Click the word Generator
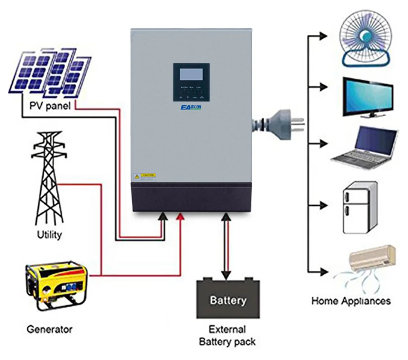pyautogui.click(x=49, y=329)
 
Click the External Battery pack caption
pyautogui.click(x=228, y=336)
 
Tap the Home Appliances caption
pyautogui.click(x=351, y=301)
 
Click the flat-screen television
pyautogui.click(x=368, y=97)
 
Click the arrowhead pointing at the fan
pyautogui.click(x=324, y=36)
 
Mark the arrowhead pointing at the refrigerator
pyautogui.click(x=324, y=204)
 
